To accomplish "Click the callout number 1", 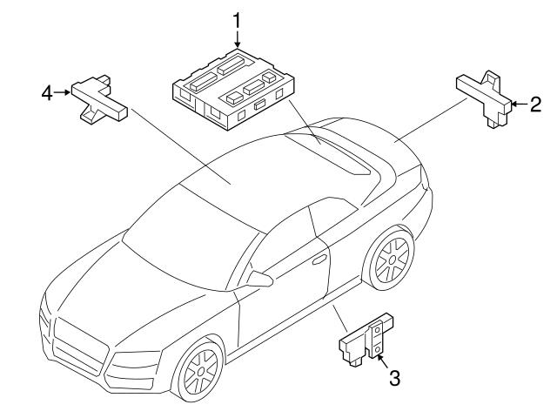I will (234, 17).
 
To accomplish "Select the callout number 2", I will (535, 105).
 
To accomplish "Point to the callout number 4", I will (47, 91).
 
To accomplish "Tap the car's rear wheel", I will (389, 261).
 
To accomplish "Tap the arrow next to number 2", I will (519, 105).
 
